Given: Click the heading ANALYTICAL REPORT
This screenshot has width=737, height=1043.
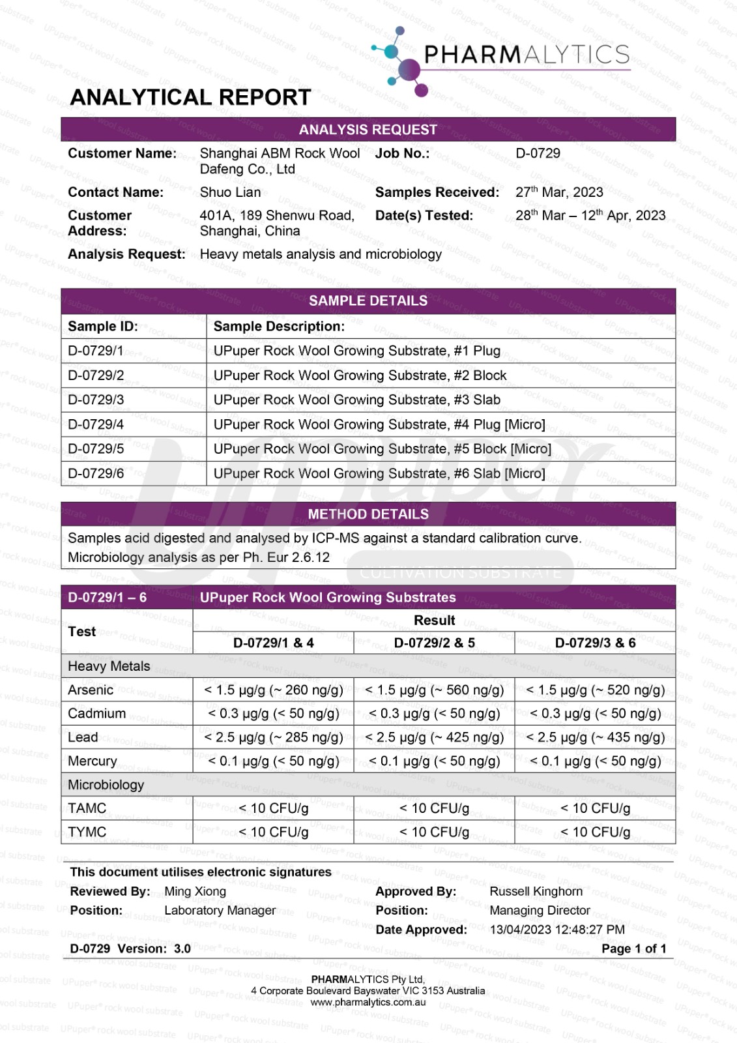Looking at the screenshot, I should pos(190,97).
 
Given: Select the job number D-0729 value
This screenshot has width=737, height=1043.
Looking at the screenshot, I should pos(538,153).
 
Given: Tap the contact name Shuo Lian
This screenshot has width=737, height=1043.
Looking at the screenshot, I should pos(230,192).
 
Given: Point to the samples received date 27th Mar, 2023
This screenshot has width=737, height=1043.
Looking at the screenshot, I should pos(559,192).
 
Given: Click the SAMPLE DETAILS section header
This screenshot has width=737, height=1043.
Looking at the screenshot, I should pos(368,301).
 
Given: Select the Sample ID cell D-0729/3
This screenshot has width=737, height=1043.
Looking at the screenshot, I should pos(96,400).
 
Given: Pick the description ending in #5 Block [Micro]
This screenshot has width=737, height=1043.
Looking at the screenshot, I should pos(382,449).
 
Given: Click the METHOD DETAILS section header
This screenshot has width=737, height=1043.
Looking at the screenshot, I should pos(368,514).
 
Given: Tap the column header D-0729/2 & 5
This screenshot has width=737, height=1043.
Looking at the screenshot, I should pos(434,643).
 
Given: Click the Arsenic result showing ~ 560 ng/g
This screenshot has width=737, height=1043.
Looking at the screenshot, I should pos(434,690).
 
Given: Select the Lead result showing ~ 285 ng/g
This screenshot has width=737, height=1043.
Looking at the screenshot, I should pos(273,737).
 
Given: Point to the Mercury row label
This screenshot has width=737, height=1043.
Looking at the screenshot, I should pos(93,761).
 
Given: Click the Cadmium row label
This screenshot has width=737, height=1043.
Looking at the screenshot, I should pos(96,713).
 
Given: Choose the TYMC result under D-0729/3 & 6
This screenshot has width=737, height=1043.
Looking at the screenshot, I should pos(595,832).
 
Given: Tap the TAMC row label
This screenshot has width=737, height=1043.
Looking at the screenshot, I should pos(87,808).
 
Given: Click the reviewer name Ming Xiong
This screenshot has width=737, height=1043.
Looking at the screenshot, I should pos(195,891).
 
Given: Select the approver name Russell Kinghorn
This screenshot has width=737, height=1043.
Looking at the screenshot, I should pos(536,891).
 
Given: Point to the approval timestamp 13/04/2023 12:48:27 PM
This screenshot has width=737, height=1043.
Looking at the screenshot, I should pos(556,930).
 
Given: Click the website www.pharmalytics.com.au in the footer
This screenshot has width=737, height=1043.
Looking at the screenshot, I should pos(368,1003).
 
